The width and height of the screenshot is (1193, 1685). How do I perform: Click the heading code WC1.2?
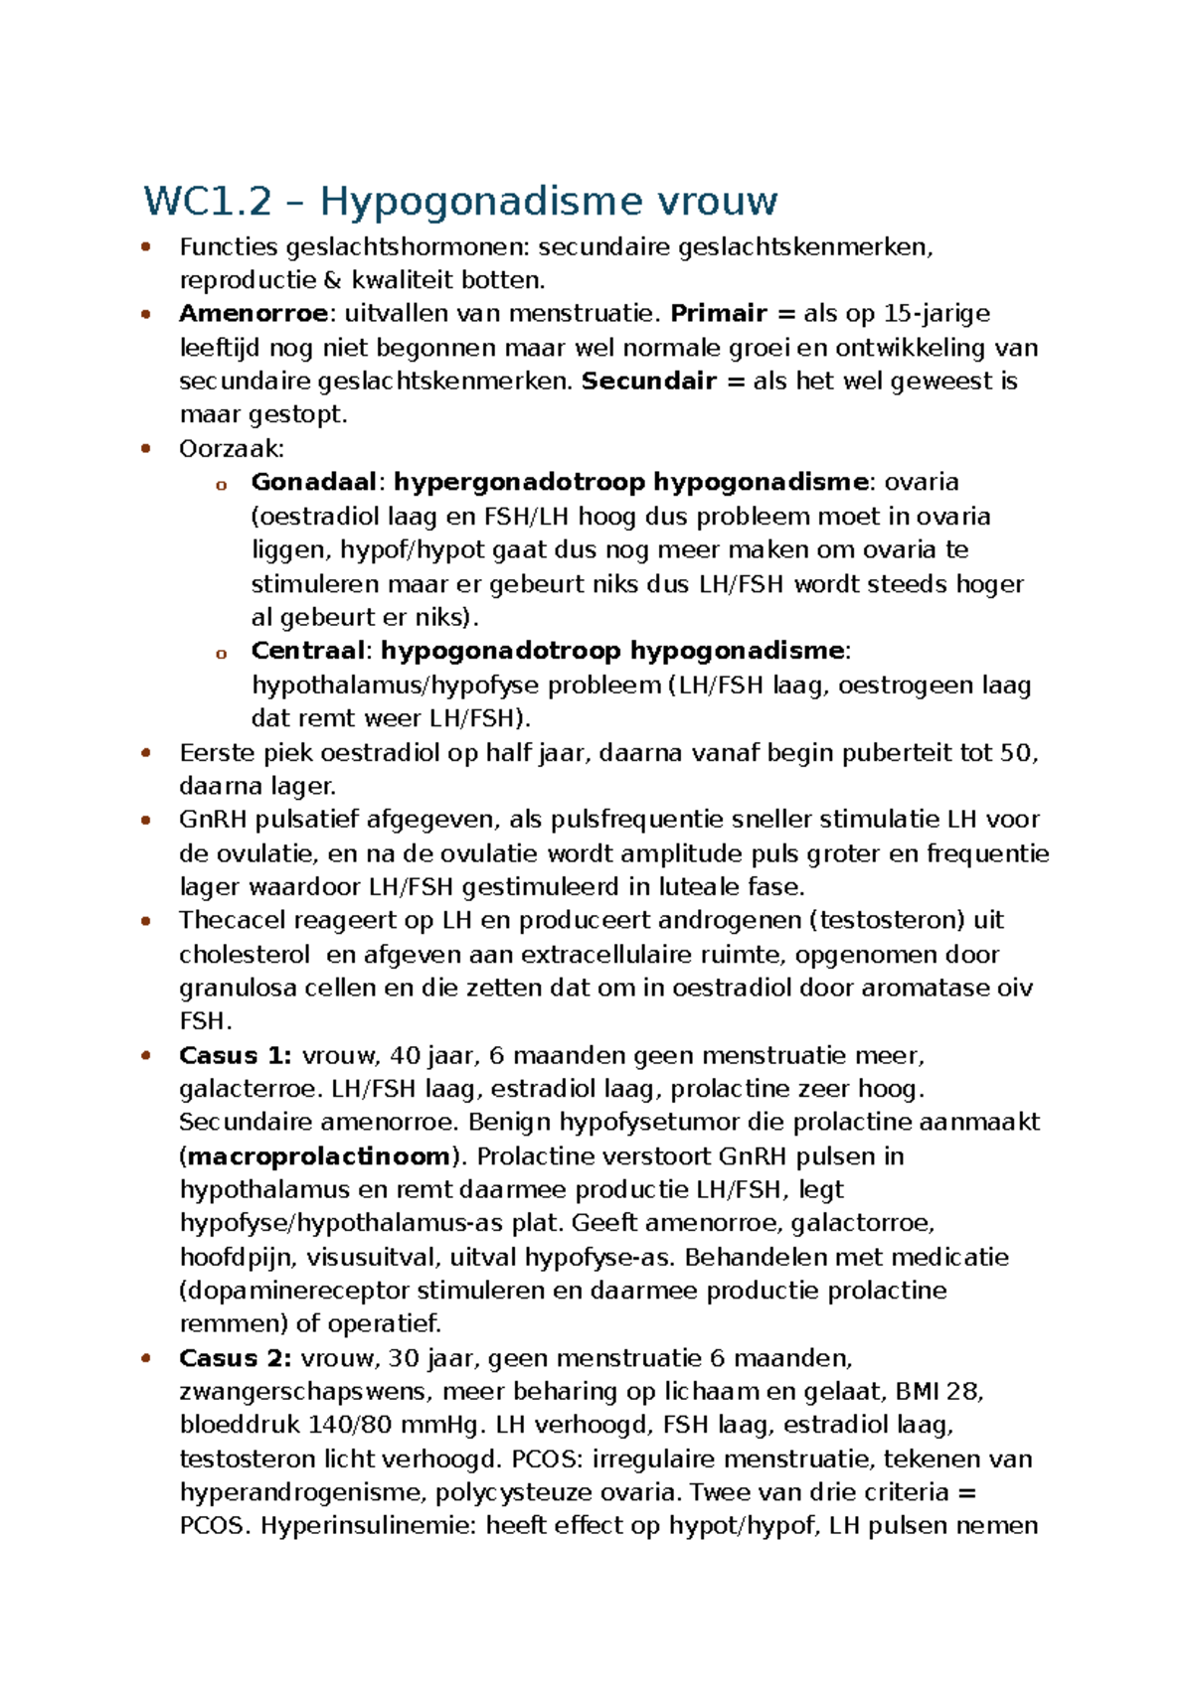(x=207, y=202)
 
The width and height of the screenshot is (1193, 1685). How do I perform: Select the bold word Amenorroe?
(x=254, y=314)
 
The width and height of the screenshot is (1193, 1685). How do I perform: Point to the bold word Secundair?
(x=648, y=382)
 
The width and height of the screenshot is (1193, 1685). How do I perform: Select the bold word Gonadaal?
(x=313, y=483)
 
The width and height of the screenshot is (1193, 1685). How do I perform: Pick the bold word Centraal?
(x=307, y=651)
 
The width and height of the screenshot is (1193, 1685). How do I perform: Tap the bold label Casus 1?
(x=235, y=1055)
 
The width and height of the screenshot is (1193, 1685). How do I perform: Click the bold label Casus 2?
(x=235, y=1358)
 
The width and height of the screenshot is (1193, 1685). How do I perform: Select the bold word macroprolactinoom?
(x=319, y=1156)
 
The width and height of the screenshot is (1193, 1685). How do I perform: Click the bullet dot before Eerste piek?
(x=146, y=753)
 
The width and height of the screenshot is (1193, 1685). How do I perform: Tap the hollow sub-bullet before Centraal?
(x=221, y=653)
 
